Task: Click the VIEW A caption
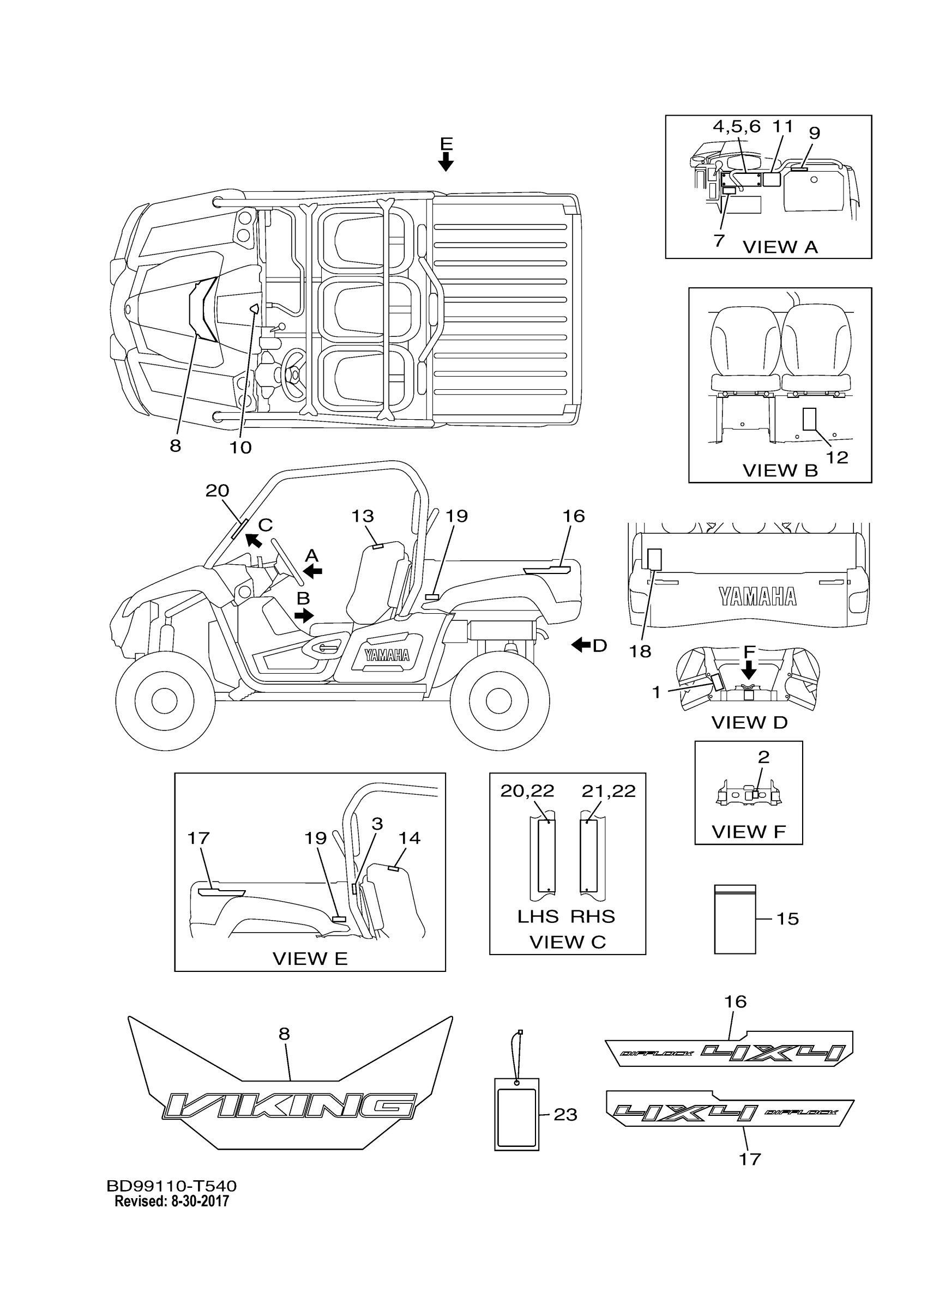780,247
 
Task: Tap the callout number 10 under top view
240,448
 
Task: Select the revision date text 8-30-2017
200,1201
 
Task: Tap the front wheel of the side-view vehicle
165,700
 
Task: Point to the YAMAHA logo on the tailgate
757,597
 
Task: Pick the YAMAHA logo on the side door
387,655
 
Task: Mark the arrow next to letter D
581,645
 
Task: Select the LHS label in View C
538,917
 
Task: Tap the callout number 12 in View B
838,457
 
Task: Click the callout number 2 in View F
763,757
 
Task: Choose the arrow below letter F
749,670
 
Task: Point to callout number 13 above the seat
362,516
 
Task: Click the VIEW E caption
310,959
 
